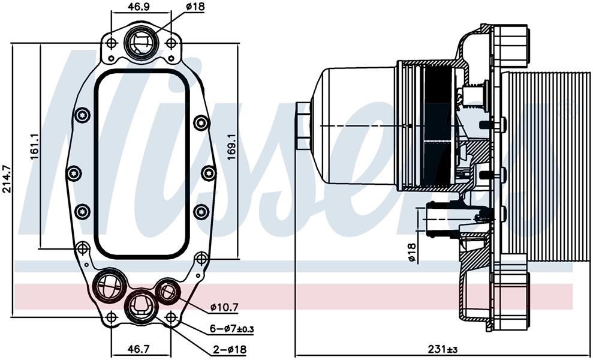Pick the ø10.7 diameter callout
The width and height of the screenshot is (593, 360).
pyautogui.click(x=224, y=307)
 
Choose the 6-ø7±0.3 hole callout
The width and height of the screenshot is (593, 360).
pyautogui.click(x=231, y=329)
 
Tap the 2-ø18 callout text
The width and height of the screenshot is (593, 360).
pyautogui.click(x=227, y=349)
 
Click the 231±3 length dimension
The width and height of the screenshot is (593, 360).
pyautogui.click(x=443, y=349)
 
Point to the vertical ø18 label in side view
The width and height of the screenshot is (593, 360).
pyautogui.click(x=412, y=253)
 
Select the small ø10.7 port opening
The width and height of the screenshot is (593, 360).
pyautogui.click(x=167, y=291)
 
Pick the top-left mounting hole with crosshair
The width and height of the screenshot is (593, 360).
pyautogui.click(x=111, y=43)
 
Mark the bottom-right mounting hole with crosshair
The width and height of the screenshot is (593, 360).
pyautogui.click(x=171, y=317)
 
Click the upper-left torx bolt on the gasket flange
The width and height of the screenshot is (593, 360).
pyautogui.click(x=82, y=115)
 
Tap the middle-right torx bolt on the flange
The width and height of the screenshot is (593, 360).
pyautogui.click(x=209, y=173)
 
